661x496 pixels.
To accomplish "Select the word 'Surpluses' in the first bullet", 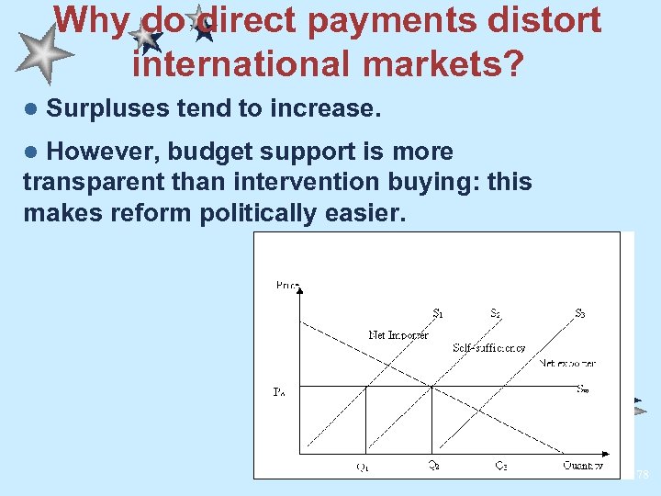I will [x=101, y=108].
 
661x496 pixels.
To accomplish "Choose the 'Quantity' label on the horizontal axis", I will [x=583, y=466].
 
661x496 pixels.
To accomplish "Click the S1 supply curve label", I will [x=439, y=313].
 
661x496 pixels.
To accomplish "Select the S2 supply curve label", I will [x=496, y=313].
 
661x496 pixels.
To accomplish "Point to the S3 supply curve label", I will [x=580, y=313].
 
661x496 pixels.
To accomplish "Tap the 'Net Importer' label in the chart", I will [x=398, y=335].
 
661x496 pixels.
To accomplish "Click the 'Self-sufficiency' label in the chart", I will [x=489, y=348].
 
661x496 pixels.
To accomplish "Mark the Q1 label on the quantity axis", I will [x=364, y=466].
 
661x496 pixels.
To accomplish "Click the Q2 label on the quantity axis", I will [x=432, y=466].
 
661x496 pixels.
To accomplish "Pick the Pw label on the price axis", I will [x=279, y=392].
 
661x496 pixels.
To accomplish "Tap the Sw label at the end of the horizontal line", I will [x=583, y=389].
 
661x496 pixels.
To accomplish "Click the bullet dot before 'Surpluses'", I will [x=30, y=109].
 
